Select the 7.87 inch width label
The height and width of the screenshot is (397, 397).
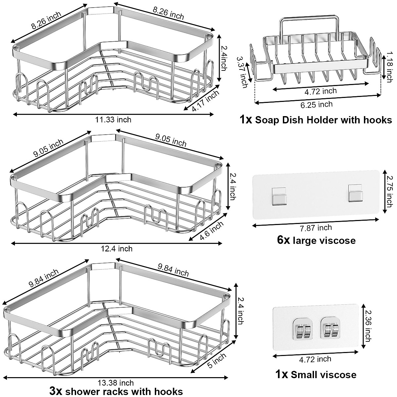[x=315, y=228]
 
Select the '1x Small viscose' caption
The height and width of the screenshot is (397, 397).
[x=316, y=375]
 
